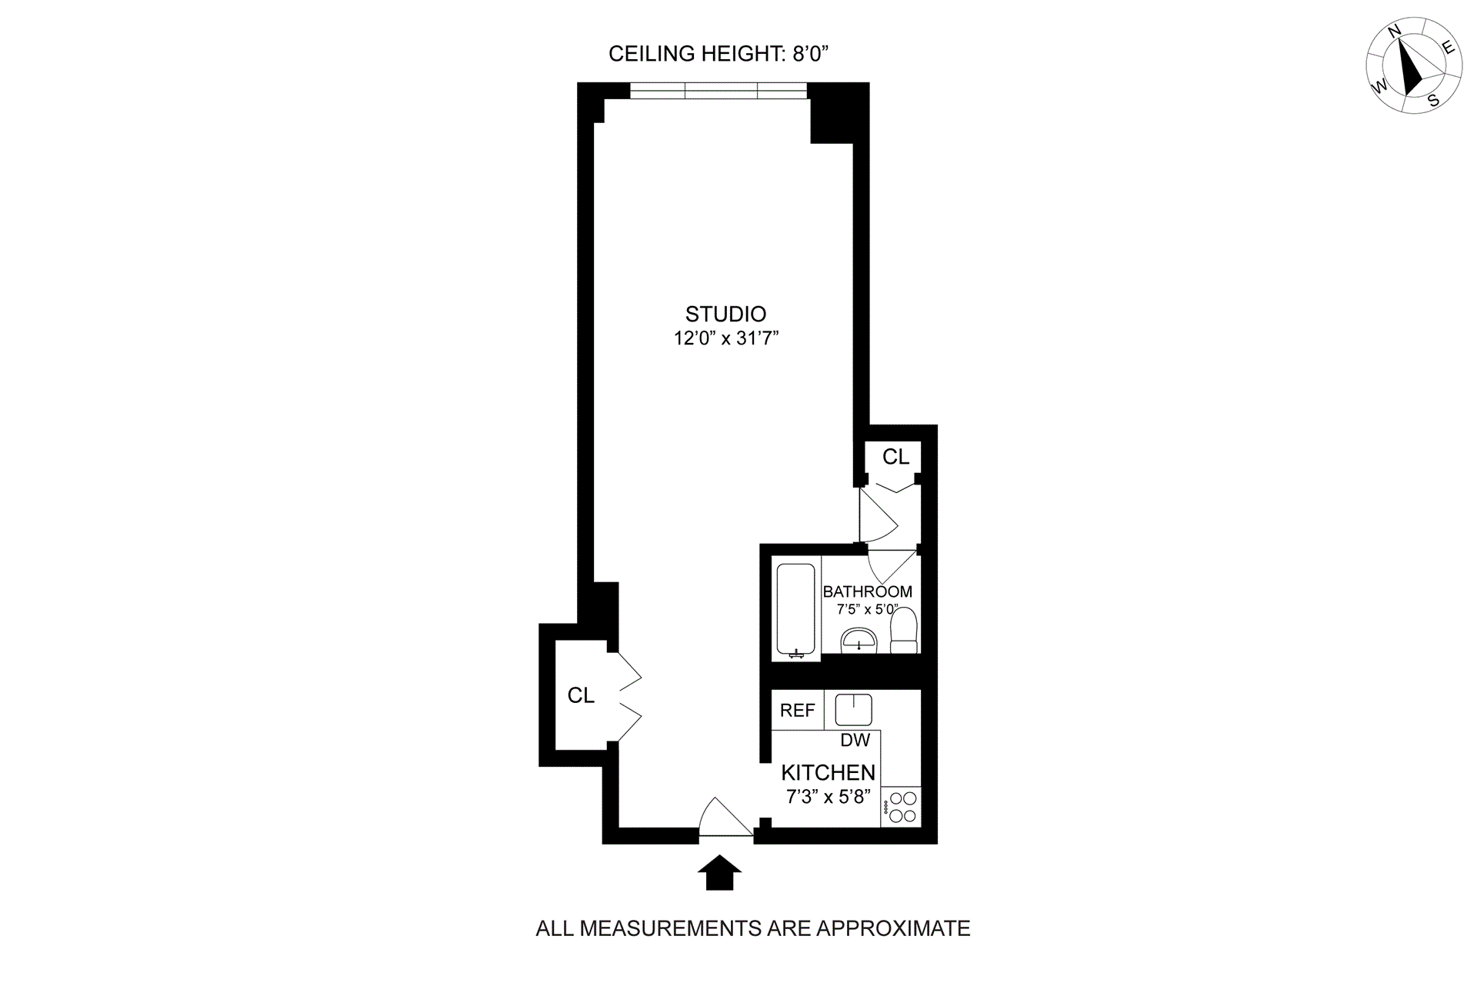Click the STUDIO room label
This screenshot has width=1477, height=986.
(725, 314)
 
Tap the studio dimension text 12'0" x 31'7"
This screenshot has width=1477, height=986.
(726, 338)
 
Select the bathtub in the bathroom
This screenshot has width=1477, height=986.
(795, 610)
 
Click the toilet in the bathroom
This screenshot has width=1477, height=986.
(904, 631)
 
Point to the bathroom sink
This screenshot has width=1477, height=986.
(858, 640)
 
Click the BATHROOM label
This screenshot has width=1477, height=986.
(867, 591)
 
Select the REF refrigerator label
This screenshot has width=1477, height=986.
(797, 710)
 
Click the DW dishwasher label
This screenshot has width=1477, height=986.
(855, 740)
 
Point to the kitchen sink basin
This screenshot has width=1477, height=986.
(853, 709)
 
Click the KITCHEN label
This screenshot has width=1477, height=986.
(828, 772)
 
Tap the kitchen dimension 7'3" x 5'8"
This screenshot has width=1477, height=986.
(828, 796)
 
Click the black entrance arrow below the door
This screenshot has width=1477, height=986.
(719, 873)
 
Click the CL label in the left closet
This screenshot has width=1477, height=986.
(581, 695)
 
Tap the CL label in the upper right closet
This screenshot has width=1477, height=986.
(895, 457)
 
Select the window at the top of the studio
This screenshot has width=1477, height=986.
(718, 91)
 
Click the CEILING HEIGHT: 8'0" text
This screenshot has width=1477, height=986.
(718, 54)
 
